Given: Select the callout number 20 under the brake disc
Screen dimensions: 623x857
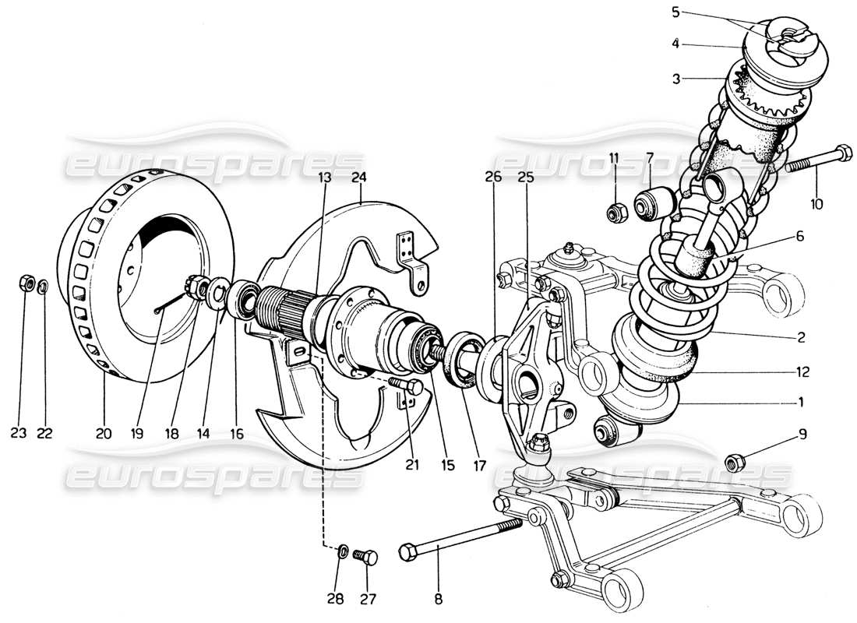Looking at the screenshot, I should [104, 434].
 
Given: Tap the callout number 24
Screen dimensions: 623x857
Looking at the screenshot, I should [358, 178].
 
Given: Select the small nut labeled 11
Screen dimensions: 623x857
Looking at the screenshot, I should [615, 210].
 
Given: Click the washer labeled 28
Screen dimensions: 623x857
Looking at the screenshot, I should [342, 553].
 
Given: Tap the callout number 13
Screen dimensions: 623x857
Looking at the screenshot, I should [325, 178].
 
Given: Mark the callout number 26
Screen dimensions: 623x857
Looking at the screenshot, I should [493, 178].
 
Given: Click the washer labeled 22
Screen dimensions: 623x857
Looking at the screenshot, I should [44, 286].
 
